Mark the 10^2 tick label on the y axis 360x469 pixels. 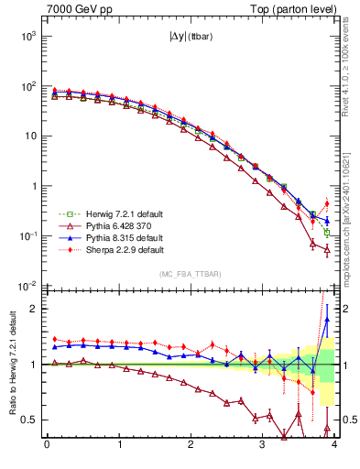point(27,86)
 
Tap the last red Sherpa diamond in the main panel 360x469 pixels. point(327,203)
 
